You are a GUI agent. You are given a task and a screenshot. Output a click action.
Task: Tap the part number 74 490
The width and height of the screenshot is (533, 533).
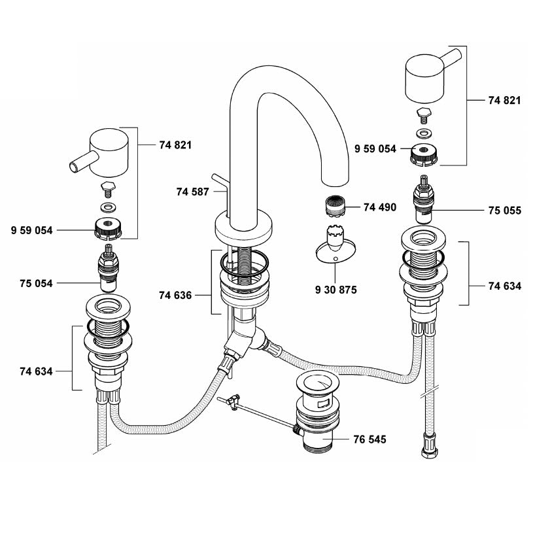(381, 207)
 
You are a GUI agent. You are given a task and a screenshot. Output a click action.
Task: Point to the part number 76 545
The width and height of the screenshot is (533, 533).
(370, 439)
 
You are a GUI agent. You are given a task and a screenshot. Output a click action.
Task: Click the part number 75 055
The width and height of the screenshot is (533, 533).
(505, 211)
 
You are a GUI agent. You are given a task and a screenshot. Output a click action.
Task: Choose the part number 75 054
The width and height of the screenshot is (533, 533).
(36, 283)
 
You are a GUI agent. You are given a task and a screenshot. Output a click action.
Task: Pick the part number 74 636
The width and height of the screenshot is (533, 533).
(175, 295)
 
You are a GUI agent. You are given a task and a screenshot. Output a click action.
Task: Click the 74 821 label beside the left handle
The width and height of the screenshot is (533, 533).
(175, 145)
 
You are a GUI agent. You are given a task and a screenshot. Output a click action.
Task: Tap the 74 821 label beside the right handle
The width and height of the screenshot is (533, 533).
(505, 101)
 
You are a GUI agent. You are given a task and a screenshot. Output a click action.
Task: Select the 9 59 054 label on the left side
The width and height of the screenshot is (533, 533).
(32, 230)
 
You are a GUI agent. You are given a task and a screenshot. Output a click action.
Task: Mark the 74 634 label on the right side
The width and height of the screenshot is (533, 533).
(505, 285)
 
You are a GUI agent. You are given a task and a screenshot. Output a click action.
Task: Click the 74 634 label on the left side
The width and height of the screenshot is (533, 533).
(36, 371)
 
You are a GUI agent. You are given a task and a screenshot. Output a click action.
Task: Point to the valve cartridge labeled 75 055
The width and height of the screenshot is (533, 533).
(424, 203)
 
